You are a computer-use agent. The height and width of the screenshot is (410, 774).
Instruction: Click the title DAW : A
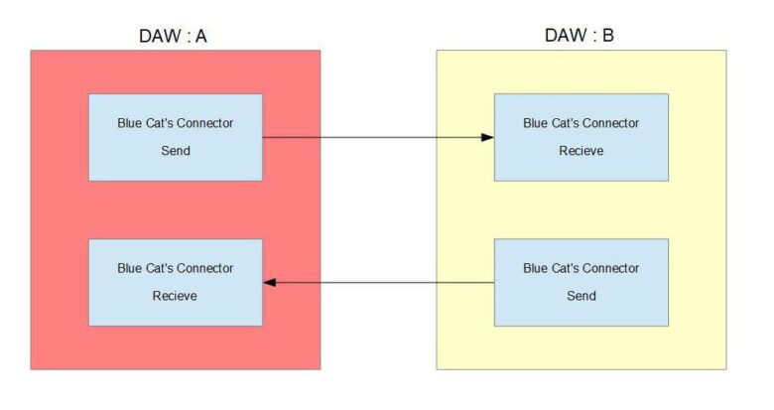175,37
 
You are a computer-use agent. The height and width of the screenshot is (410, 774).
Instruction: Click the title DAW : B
580,37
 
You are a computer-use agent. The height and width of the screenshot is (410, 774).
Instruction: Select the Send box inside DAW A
175,137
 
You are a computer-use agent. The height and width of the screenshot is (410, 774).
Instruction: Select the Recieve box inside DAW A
175,282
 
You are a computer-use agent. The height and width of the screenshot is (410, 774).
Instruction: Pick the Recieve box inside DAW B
580,137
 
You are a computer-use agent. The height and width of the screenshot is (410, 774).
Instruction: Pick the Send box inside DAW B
580,282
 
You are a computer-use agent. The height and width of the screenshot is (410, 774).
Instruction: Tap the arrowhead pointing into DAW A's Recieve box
270,283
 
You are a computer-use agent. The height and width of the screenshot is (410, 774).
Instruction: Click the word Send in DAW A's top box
175,151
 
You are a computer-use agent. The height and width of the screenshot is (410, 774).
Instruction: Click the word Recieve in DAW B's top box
580,151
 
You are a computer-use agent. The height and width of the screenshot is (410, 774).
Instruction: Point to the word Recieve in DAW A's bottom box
175,296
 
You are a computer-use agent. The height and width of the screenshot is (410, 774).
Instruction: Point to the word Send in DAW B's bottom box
580,296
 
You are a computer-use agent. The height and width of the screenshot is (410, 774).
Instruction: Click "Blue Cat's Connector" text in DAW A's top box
175,123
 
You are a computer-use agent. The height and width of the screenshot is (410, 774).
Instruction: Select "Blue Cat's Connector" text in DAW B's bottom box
580,268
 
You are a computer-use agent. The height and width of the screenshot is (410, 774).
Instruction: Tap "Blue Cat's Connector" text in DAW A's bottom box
175,268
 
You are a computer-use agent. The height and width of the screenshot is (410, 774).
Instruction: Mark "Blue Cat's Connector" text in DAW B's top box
580,123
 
